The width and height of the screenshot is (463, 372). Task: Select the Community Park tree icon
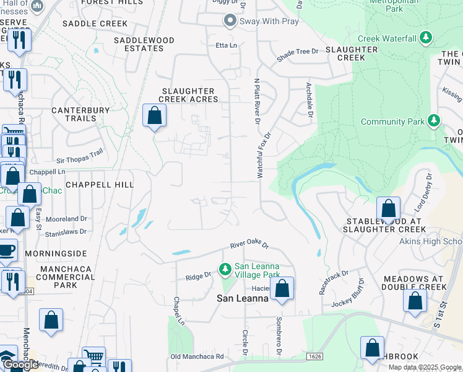[x=435, y=120]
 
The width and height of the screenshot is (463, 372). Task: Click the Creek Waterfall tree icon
[x=426, y=38]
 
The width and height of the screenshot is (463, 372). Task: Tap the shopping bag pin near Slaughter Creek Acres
[x=154, y=116]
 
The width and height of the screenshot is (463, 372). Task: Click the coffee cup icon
[x=6, y=250]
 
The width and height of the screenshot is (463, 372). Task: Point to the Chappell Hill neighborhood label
[x=99, y=185]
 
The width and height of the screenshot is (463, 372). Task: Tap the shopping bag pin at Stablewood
[x=388, y=209]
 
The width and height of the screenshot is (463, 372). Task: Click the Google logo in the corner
[x=20, y=365]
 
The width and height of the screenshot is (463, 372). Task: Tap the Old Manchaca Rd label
[x=197, y=356]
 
